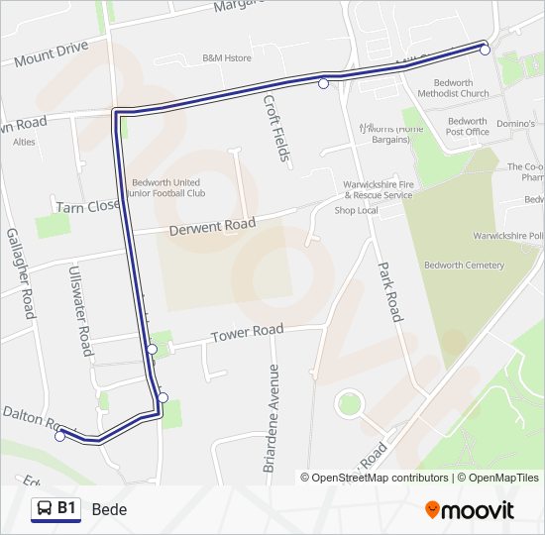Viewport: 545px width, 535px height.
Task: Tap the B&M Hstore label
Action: click(227, 58)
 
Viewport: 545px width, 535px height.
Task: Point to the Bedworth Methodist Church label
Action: click(453, 88)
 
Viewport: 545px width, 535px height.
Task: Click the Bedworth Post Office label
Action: click(467, 127)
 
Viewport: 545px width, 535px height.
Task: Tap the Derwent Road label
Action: click(212, 226)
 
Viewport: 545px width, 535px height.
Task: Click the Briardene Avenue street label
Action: click(272, 417)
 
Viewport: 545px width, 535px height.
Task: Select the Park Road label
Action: click(388, 292)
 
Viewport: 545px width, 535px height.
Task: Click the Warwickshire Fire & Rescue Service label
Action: click(378, 190)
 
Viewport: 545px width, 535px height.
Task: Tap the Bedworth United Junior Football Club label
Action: click(165, 188)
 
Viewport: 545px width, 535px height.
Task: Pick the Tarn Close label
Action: click(87, 207)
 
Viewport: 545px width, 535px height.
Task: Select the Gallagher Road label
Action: click(21, 273)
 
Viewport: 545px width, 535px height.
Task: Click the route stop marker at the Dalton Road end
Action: click(60, 436)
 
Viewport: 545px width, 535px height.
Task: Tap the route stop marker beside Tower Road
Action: click(152, 349)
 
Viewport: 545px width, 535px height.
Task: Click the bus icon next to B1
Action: click(44, 509)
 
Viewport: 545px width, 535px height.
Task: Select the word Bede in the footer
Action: click(109, 509)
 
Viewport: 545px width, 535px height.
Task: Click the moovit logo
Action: click(470, 509)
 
